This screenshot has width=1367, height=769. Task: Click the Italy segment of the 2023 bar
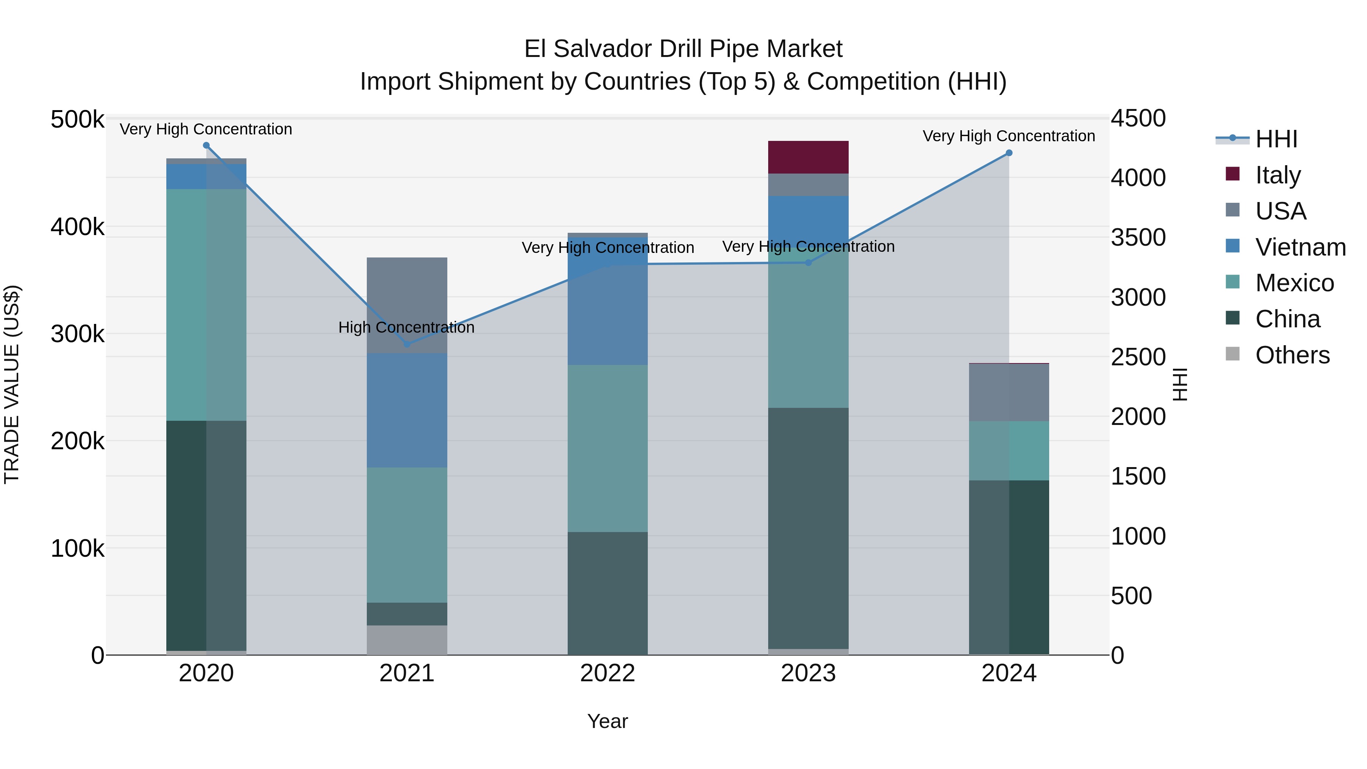tap(808, 157)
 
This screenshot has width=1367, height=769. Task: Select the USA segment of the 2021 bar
tap(407, 297)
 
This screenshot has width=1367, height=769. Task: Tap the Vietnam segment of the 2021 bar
tap(407, 410)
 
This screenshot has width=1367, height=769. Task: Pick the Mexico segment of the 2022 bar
tap(608, 448)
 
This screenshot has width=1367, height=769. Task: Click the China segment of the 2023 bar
tap(808, 528)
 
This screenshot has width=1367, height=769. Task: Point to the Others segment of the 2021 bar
tap(407, 640)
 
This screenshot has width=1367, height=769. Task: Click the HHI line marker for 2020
tap(207, 145)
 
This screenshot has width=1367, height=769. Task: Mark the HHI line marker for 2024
tap(1009, 153)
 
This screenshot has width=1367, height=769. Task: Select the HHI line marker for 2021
tap(407, 344)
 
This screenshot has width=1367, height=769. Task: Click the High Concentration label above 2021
tap(406, 327)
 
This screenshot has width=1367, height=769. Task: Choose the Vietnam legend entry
tap(1300, 247)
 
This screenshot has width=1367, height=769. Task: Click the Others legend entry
tap(1292, 355)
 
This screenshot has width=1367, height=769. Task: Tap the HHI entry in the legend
tap(1276, 139)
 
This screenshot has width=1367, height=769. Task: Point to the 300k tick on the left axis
tap(77, 334)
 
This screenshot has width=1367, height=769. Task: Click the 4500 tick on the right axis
tap(1138, 118)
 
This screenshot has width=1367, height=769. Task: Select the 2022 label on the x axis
tap(608, 673)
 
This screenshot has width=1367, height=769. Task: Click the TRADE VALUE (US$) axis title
tap(12, 384)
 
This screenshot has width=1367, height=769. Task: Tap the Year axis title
tap(608, 721)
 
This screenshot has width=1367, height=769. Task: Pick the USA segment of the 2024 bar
tap(1009, 393)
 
